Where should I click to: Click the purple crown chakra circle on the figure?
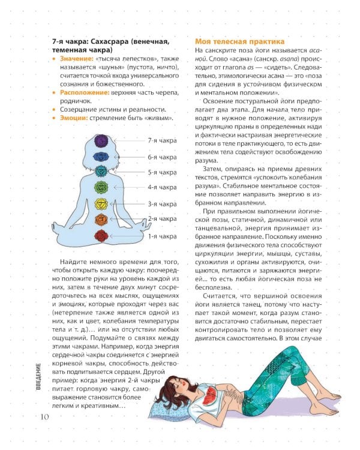click(100, 142)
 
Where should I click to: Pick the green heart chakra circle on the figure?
click(100, 187)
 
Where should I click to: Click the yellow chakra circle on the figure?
click(100, 204)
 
